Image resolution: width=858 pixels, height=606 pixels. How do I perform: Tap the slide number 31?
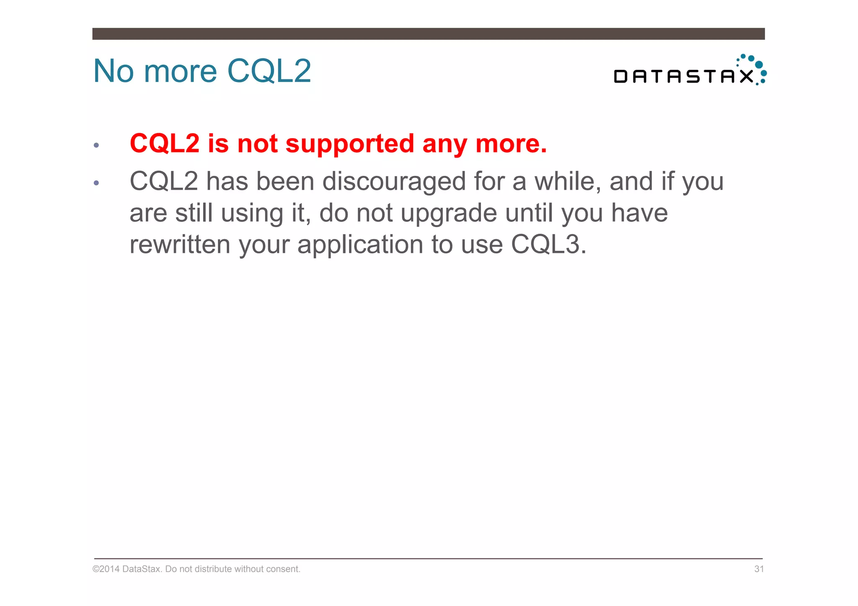pos(759,569)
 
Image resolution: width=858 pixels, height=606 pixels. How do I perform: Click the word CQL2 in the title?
pos(269,71)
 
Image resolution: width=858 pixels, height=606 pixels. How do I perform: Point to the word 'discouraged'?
pos(394,182)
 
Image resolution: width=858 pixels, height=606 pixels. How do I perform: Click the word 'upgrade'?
pos(448,213)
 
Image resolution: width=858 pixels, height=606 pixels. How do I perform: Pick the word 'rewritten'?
pos(180,245)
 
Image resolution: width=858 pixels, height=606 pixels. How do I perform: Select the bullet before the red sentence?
pos(96,145)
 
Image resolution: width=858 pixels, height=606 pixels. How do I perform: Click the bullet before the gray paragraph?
pos(96,183)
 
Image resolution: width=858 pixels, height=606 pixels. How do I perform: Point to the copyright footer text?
pos(196,569)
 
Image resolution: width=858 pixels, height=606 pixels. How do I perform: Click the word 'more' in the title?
pos(180,71)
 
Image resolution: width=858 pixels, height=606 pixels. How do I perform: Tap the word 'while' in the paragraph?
pos(567,182)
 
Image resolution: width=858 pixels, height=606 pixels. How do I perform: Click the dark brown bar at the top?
pos(428,34)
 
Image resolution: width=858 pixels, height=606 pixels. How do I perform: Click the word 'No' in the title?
pos(113,71)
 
